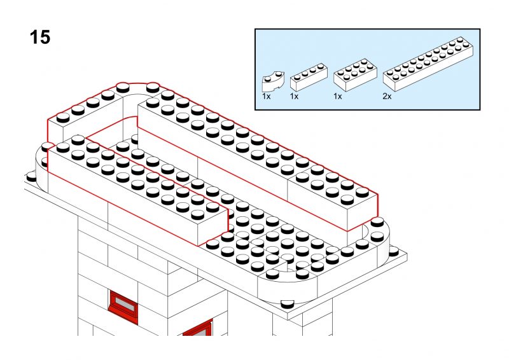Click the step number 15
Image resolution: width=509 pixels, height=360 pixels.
point(40,37)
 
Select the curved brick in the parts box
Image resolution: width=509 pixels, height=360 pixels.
point(273,81)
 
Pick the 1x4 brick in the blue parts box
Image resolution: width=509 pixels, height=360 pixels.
point(309,77)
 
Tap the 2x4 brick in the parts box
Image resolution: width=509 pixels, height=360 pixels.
point(355,75)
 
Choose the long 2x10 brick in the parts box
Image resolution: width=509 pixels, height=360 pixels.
point(428,64)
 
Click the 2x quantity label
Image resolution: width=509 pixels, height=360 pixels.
point(387,97)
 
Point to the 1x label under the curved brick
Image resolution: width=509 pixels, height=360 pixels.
point(266,97)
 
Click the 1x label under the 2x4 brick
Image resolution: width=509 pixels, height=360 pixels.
point(338,97)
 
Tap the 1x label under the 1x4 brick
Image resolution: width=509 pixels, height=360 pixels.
point(294,97)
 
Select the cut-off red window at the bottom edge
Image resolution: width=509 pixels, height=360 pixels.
point(198,328)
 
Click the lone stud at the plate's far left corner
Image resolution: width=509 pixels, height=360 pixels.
point(31,177)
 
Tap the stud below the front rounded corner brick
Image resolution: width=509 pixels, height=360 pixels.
point(287,304)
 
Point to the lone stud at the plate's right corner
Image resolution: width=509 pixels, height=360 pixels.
point(393,251)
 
